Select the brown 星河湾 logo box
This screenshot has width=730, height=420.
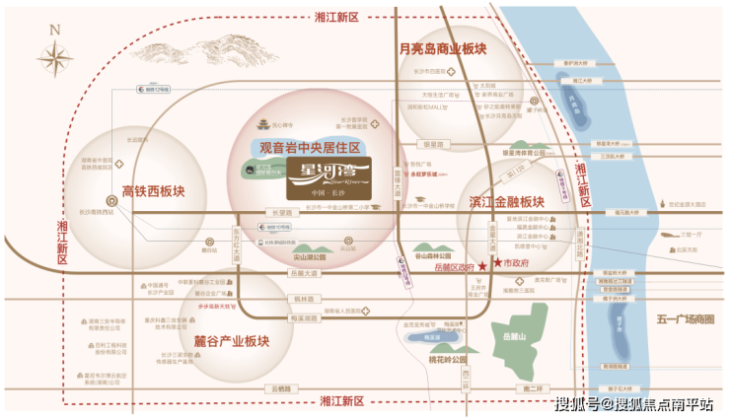328,178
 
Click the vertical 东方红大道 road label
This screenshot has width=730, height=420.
236,242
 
